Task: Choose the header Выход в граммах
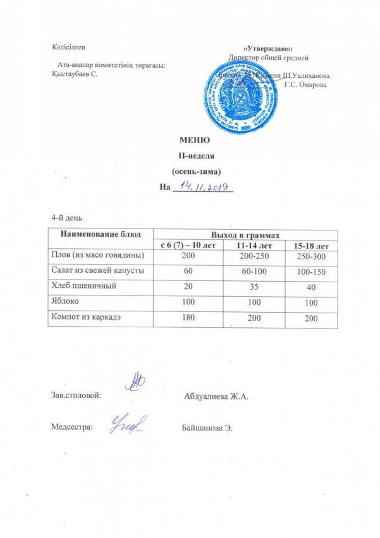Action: click(247, 234)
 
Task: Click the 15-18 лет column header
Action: click(308, 244)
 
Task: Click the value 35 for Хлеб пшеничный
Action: click(245, 287)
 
